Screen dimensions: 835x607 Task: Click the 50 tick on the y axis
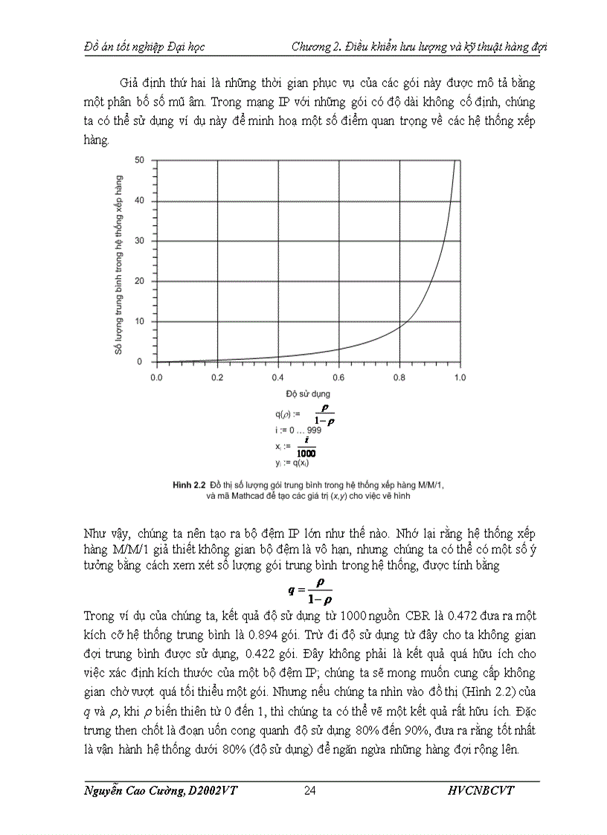tap(140, 160)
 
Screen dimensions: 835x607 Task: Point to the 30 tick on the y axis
tap(140, 241)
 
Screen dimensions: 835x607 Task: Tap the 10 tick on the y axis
tap(140, 321)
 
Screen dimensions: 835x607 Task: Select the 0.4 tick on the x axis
tap(278, 378)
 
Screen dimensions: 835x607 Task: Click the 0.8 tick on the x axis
tap(399, 378)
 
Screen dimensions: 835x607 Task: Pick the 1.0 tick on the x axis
tap(460, 378)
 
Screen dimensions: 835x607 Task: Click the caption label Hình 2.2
tap(188, 484)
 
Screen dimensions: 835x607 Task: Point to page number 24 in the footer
tap(310, 790)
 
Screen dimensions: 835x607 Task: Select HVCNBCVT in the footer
tap(481, 790)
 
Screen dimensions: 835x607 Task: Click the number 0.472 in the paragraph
tap(474, 615)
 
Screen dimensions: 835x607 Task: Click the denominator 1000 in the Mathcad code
tap(305, 453)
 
